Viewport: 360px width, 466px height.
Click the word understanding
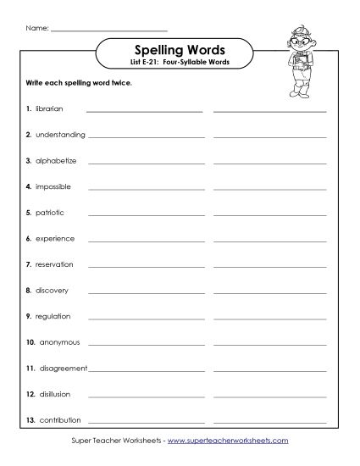coord(60,135)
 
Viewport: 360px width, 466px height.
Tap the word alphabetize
coord(56,160)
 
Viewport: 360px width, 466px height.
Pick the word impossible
coord(53,186)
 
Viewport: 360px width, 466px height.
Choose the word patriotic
coord(50,213)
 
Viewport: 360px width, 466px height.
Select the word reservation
coord(54,264)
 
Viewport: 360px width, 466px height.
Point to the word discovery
coord(52,291)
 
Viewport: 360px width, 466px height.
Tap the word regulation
coord(53,316)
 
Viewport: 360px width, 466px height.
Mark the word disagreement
coord(64,369)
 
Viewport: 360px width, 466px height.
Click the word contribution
coord(58,420)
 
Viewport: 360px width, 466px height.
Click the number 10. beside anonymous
coord(30,342)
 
